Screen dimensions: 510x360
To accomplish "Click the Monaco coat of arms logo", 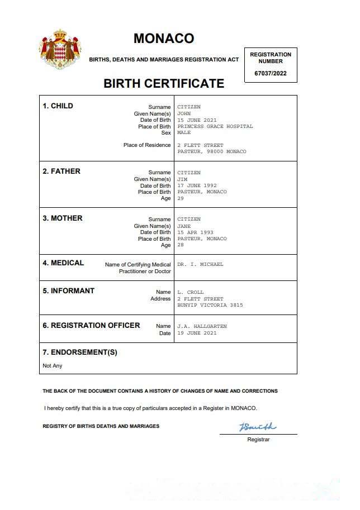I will [60, 49].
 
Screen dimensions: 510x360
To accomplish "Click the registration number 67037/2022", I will [270, 73].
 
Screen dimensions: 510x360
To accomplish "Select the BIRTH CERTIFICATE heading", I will [164, 84].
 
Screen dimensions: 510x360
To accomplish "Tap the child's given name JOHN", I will [184, 113].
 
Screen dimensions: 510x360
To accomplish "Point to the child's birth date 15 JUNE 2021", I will [197, 120].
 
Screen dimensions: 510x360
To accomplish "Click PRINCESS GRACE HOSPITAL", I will [215, 126].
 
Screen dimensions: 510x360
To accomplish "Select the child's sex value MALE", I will [184, 133].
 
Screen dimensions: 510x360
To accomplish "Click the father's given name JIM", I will [182, 179].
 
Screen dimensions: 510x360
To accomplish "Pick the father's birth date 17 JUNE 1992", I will [197, 185].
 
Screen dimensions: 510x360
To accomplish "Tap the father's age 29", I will [180, 198].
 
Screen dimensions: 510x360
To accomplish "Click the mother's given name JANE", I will [184, 226].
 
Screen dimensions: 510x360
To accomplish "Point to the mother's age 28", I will [180, 245].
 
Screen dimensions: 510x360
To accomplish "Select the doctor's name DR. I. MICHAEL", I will [200, 264].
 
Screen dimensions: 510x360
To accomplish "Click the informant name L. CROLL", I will [191, 292].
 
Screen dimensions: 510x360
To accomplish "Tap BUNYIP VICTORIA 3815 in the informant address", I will [210, 306].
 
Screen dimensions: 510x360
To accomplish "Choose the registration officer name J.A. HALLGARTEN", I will [202, 326].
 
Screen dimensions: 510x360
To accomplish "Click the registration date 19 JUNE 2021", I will [197, 333].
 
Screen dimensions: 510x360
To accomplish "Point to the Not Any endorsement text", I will [53, 366].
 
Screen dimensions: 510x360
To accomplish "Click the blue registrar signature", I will [258, 427].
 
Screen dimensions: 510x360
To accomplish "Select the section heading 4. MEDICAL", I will [63, 263].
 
